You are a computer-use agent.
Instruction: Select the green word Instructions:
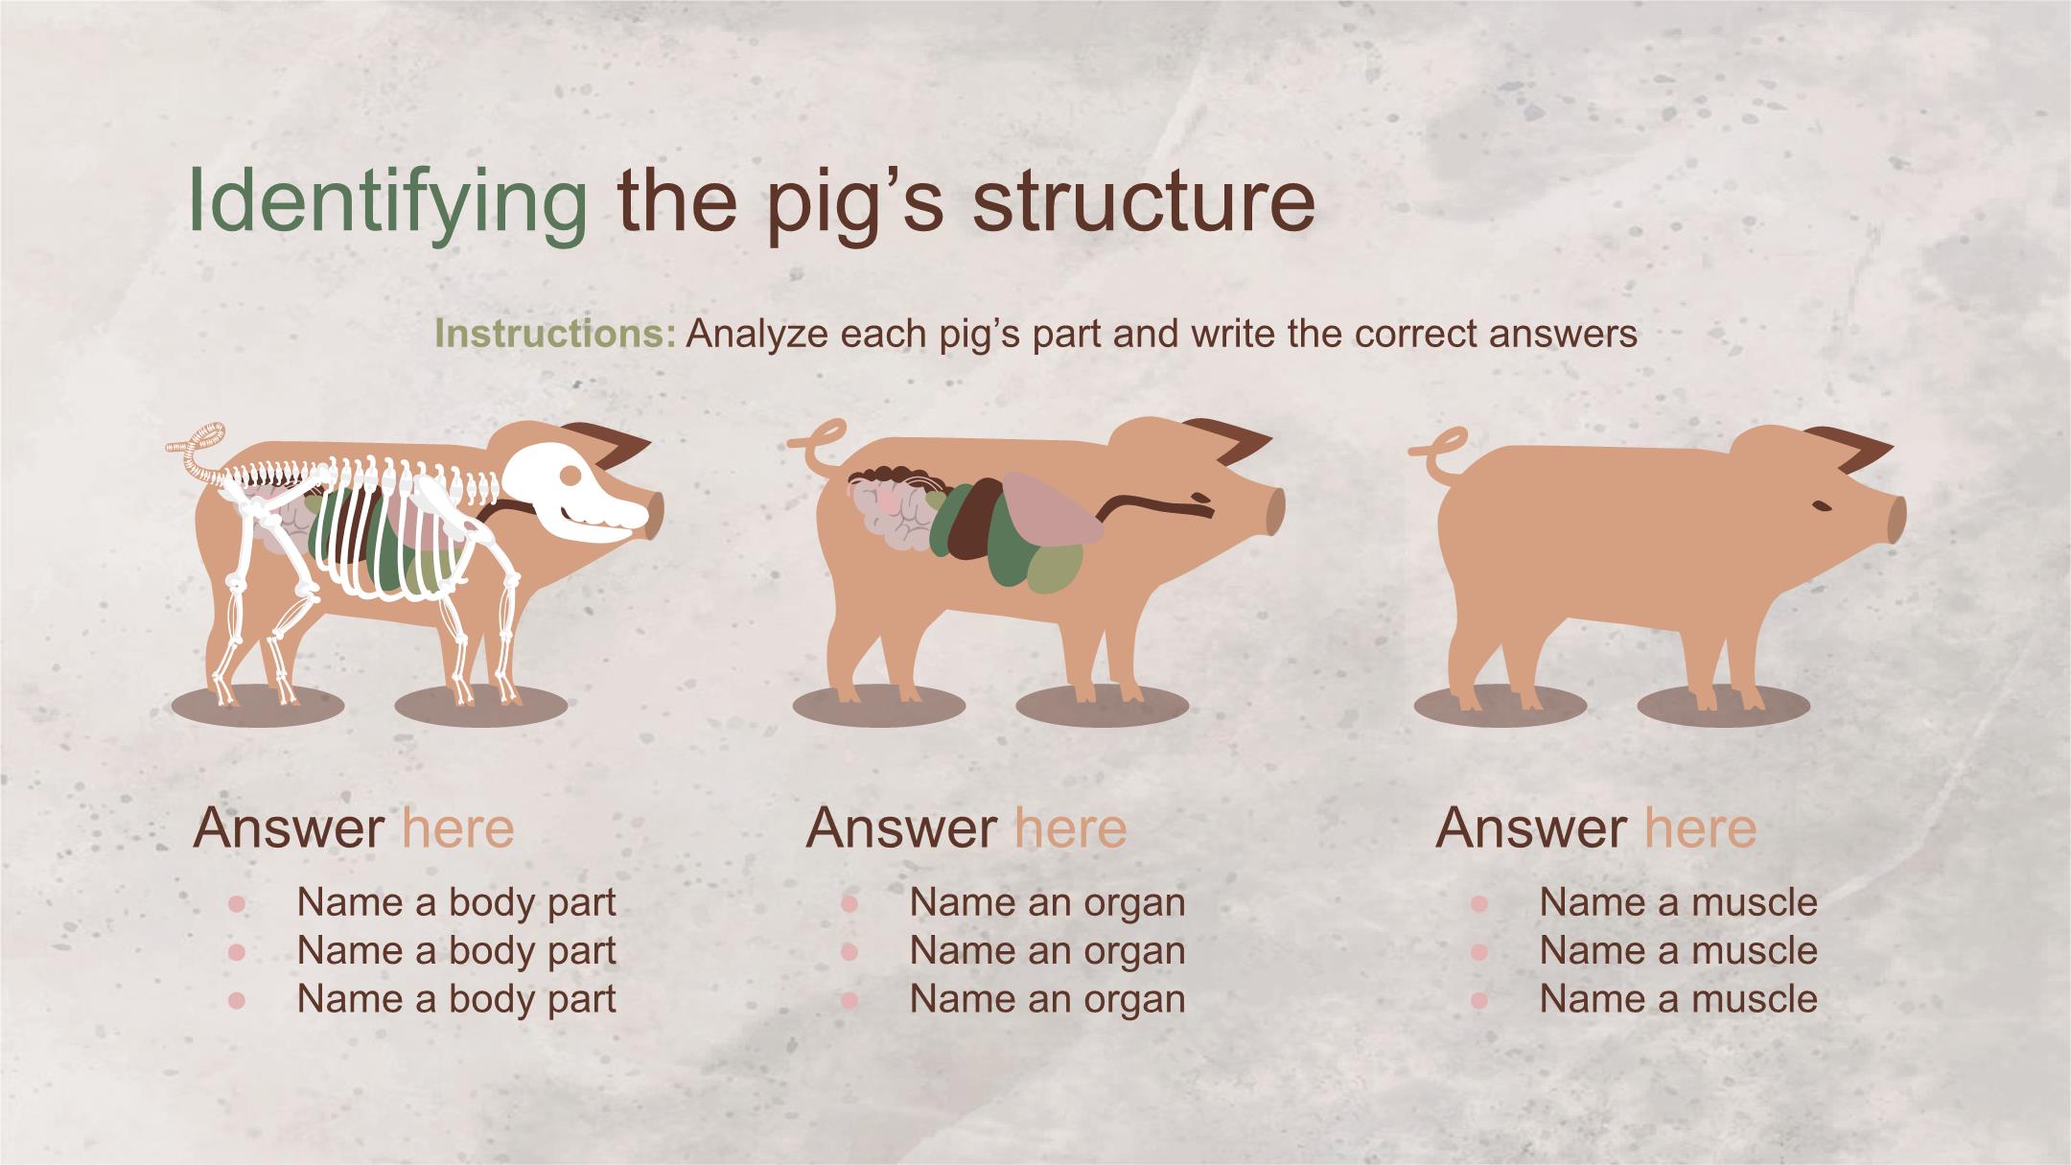point(556,334)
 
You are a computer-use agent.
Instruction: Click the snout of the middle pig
point(1274,509)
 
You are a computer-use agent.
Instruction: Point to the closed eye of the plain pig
point(1821,506)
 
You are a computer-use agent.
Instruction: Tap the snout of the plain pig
point(1896,519)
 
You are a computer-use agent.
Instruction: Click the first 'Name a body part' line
point(456,902)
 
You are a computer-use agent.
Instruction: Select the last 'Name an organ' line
point(1048,999)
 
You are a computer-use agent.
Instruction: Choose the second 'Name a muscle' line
point(1678,950)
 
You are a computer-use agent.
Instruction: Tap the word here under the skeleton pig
point(458,827)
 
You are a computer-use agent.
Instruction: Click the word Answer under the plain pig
point(1531,827)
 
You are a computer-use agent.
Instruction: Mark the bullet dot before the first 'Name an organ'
point(849,903)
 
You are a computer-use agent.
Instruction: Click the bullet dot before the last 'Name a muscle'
point(1478,1000)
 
